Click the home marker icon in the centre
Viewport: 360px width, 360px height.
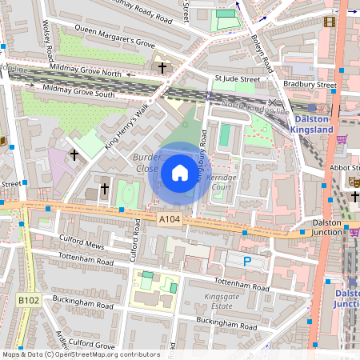point(180,173)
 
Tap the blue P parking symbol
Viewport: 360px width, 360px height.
point(246,261)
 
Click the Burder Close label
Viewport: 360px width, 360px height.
point(147,163)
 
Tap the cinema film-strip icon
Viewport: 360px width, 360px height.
point(329,22)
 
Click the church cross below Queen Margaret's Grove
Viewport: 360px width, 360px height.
point(162,68)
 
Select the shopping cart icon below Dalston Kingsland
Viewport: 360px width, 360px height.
point(342,139)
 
